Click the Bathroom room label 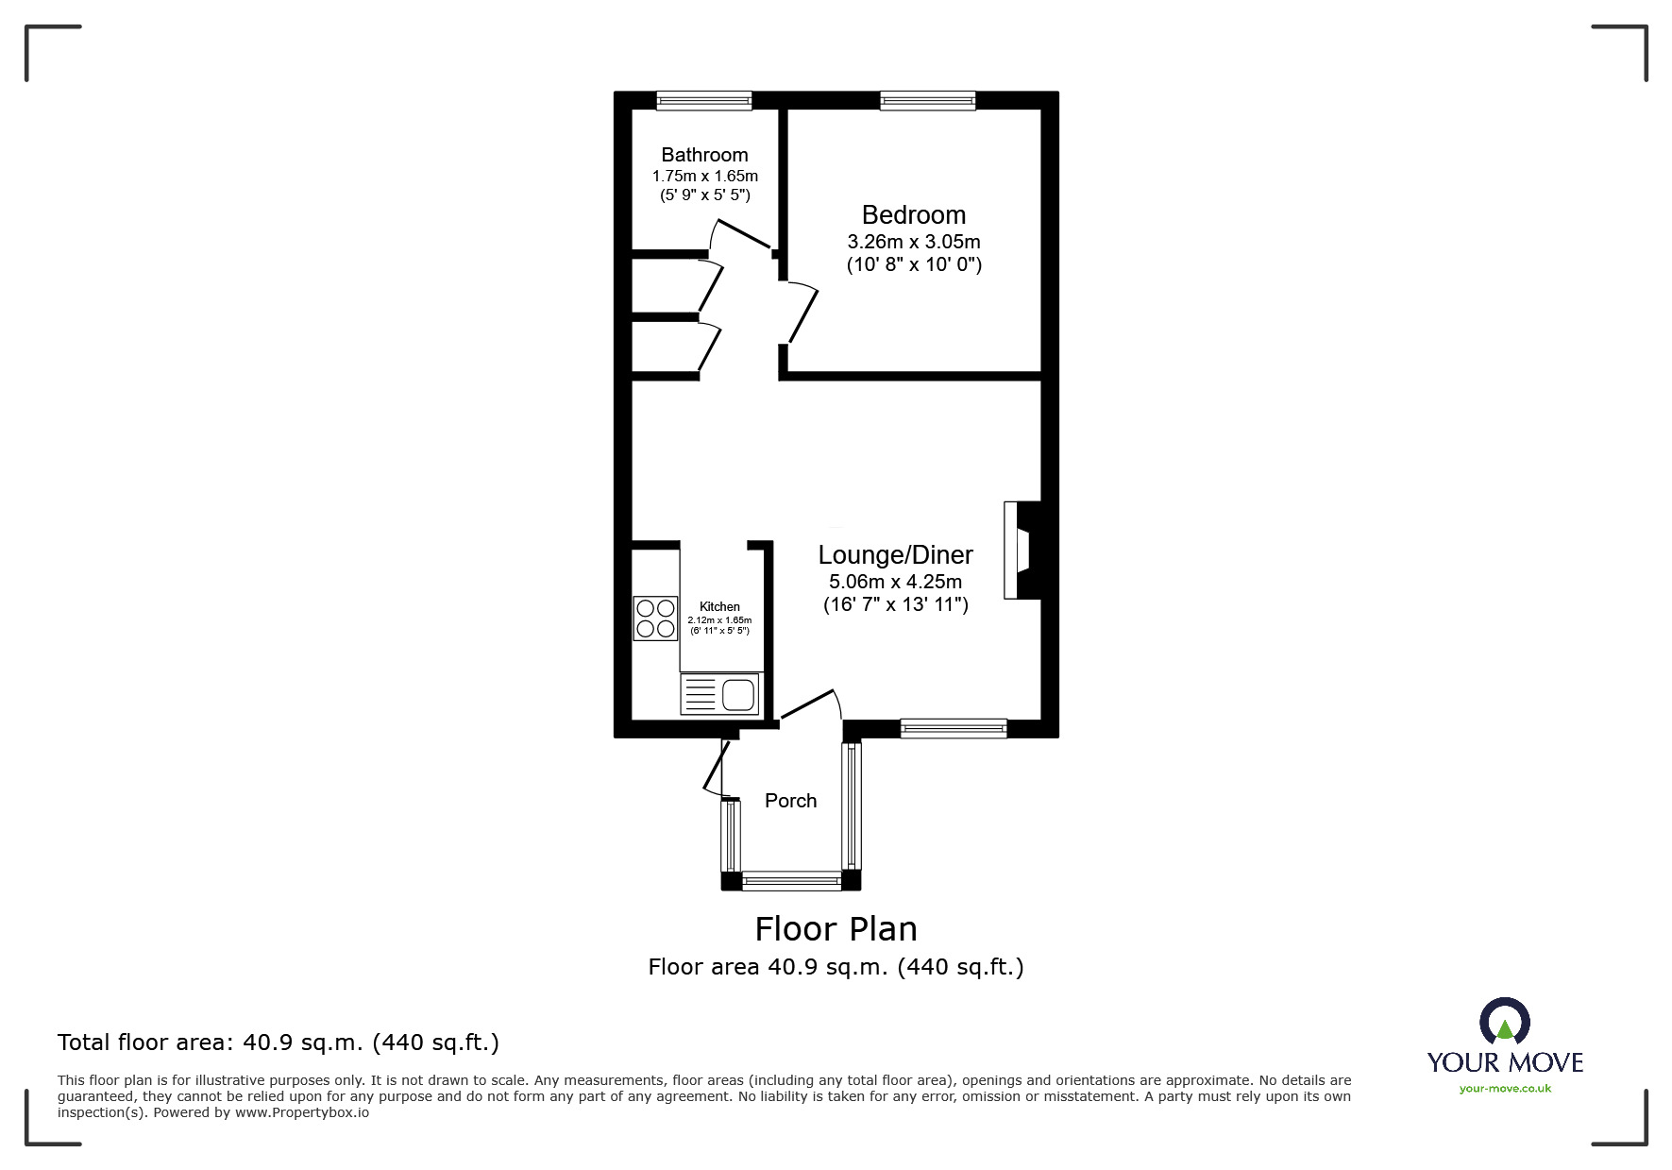tap(704, 155)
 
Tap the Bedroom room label tap(914, 215)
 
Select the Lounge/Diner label tap(895, 555)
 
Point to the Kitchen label tap(719, 606)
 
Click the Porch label tap(790, 801)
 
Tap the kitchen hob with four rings tap(655, 618)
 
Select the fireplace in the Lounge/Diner tap(1022, 550)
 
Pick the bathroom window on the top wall tap(704, 100)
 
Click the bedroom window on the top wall tap(927, 100)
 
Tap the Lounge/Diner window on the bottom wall tap(954, 728)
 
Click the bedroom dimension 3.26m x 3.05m tap(914, 242)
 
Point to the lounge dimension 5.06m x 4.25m tap(895, 582)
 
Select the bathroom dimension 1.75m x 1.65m tap(705, 176)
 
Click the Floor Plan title tap(836, 929)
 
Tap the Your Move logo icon tap(1504, 1024)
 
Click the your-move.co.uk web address tap(1505, 1089)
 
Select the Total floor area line tap(279, 1043)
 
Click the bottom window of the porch tap(791, 881)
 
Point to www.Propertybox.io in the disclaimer tap(302, 1112)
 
